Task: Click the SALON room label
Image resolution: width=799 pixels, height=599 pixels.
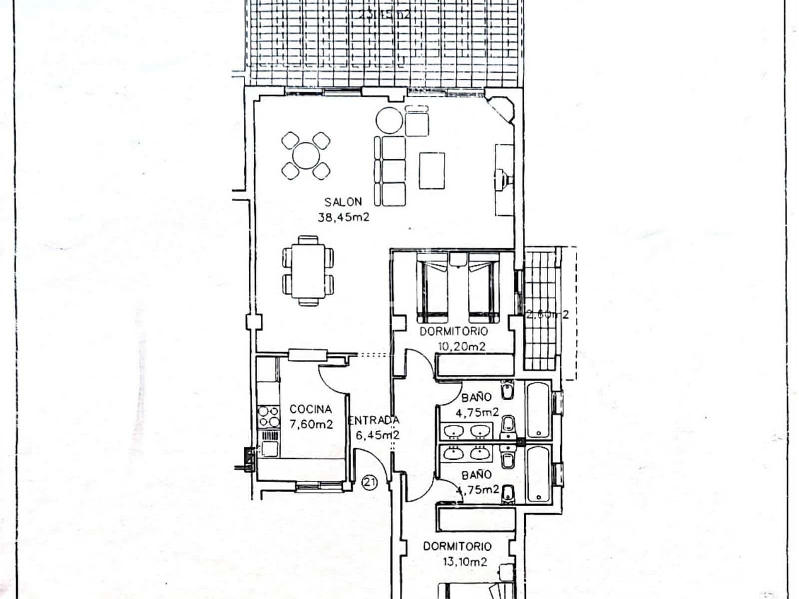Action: pos(343,202)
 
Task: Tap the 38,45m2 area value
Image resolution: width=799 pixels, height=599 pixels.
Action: pos(343,217)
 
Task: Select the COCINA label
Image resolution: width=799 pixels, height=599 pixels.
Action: pos(310,409)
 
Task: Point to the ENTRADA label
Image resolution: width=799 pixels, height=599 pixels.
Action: pos(374,420)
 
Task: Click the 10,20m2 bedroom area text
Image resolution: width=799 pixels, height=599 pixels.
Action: pos(461,346)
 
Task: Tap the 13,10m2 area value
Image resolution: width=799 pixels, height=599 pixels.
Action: pos(464,562)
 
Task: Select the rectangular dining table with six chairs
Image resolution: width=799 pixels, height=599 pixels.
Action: pos(308,270)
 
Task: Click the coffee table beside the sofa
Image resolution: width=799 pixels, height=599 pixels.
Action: pos(432,170)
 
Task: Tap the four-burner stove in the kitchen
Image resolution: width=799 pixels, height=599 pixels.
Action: pos(268,417)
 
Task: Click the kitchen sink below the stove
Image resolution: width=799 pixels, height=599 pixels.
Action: pos(270,444)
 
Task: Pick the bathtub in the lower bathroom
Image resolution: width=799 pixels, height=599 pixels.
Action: pos(538,473)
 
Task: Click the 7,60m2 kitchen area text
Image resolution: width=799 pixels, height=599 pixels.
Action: pos(311,424)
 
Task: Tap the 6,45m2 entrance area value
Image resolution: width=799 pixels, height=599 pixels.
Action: pos(377,435)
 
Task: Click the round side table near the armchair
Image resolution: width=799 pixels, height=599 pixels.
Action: pos(389,120)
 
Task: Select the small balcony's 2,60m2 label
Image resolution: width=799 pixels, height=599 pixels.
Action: pos(547,315)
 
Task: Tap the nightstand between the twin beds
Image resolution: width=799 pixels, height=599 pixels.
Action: pos(457,259)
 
